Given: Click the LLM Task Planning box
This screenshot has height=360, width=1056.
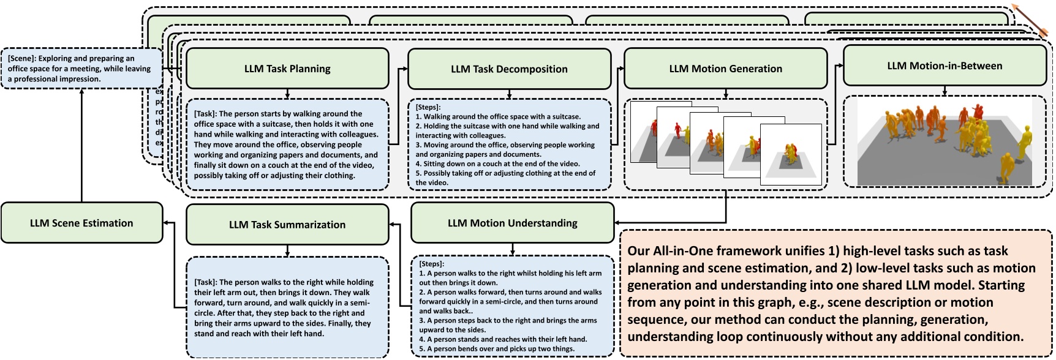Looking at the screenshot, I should (x=287, y=69).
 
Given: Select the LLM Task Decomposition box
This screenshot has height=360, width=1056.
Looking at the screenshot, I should (x=509, y=69).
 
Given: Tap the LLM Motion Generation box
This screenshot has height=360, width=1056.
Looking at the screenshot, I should (x=725, y=69).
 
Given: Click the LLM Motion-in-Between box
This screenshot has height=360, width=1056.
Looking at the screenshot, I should (x=945, y=66).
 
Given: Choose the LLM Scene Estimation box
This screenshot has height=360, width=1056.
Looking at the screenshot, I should (x=81, y=223).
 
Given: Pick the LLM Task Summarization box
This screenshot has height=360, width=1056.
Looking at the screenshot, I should (x=287, y=225).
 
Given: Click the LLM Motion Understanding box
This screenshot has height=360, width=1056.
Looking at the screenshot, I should (x=512, y=223).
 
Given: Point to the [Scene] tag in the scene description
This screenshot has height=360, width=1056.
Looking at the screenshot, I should (x=21, y=59).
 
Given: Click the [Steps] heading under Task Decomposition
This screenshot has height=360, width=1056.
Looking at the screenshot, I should (x=428, y=107).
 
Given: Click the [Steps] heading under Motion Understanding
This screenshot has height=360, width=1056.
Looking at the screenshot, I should (x=431, y=264).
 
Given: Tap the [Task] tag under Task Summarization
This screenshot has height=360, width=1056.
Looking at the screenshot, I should (x=205, y=282).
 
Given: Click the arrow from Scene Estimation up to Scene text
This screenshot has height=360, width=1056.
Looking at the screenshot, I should (x=81, y=147).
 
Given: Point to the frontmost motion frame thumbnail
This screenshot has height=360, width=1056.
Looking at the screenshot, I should (x=790, y=154).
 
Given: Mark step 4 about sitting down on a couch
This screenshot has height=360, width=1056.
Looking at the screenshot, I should (x=497, y=163).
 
